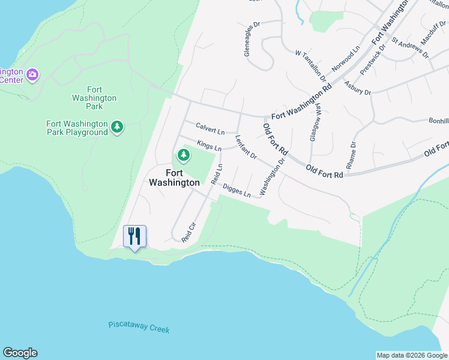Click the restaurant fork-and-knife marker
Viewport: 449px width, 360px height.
[134, 236]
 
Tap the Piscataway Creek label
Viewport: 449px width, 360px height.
[139, 328]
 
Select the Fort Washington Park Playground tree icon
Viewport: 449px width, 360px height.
[118, 127]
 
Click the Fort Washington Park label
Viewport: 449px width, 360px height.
[94, 98]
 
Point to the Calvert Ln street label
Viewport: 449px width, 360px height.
[210, 128]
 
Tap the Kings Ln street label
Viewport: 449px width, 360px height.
[209, 145]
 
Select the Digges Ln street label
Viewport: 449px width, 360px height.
[237, 191]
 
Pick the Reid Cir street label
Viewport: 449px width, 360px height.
[189, 232]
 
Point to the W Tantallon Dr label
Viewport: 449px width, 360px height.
[310, 65]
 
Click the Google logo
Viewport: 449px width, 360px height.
[20, 353]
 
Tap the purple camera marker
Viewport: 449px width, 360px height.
[32, 74]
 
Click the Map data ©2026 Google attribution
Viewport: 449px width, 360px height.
[412, 355]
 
